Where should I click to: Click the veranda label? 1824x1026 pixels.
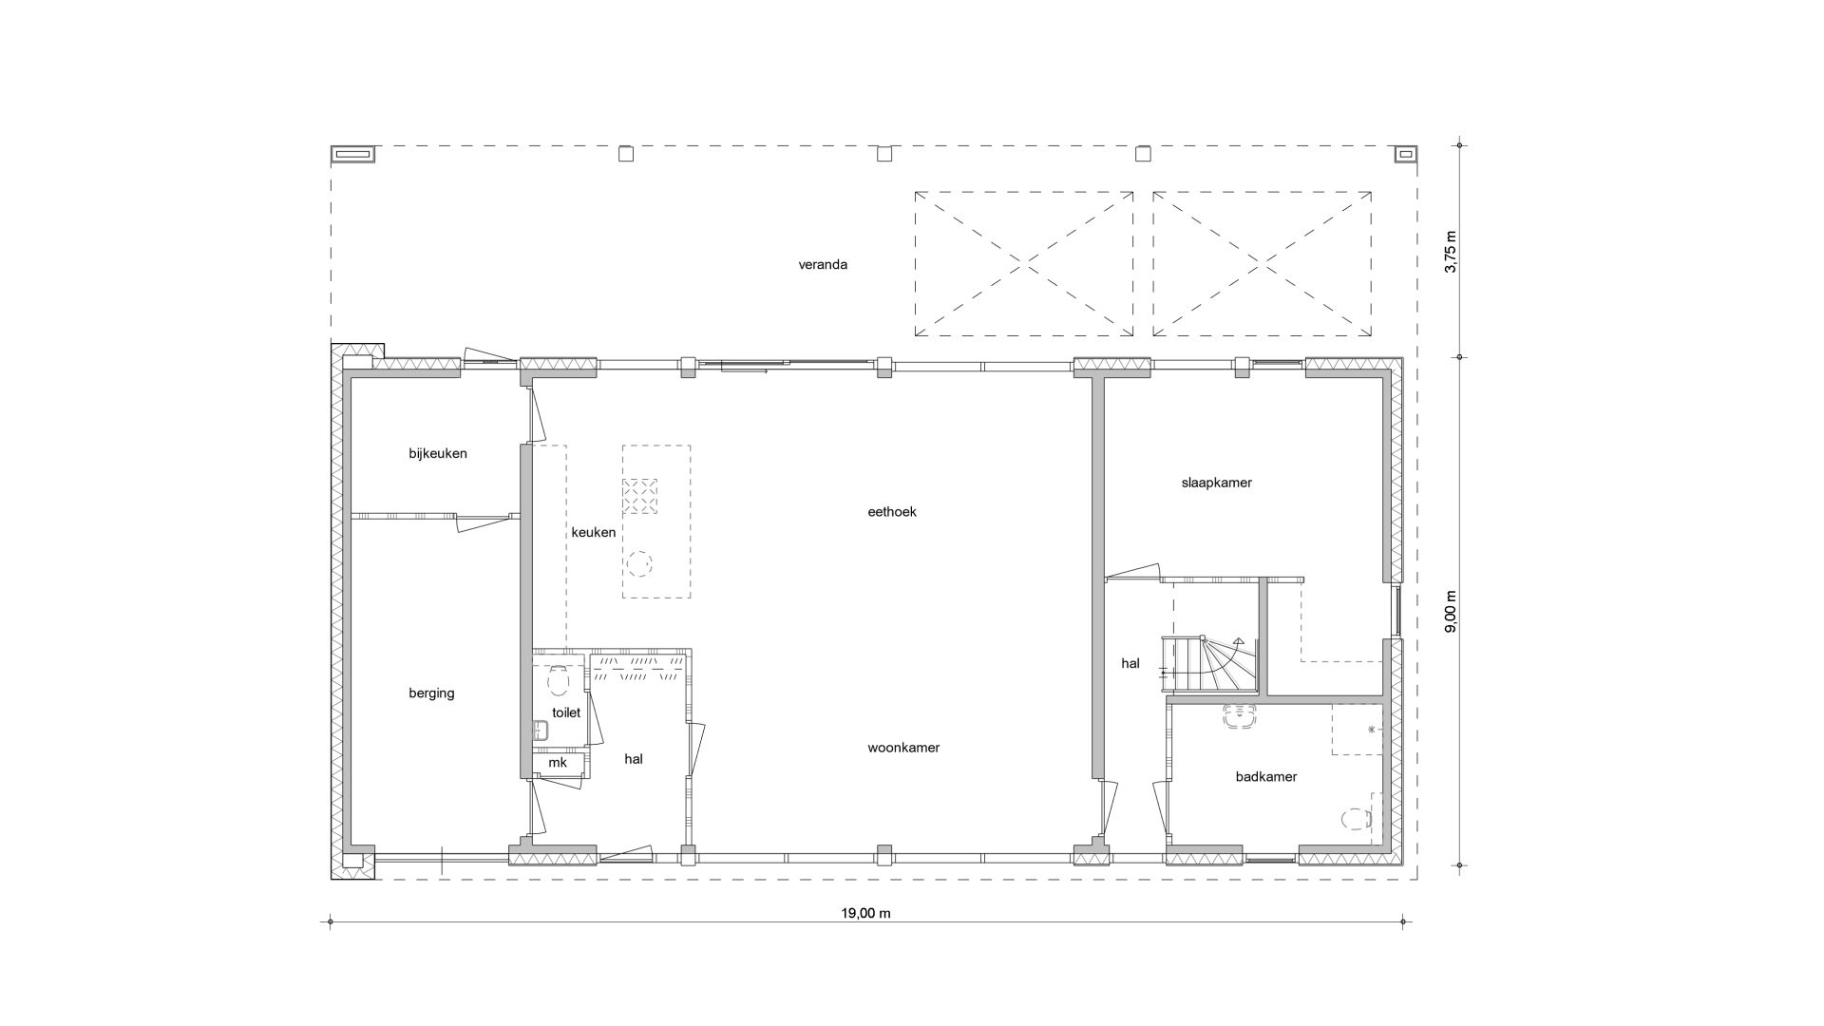click(823, 264)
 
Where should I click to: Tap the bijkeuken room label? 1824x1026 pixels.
click(438, 453)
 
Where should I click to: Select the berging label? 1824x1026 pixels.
click(432, 693)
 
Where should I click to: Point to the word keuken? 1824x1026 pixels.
click(594, 532)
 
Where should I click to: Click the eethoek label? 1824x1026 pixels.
click(892, 511)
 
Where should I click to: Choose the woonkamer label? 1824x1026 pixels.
click(903, 748)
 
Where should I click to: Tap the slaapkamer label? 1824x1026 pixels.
click(1217, 483)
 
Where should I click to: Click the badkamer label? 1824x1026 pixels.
click(1266, 777)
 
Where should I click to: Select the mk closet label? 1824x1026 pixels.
click(558, 763)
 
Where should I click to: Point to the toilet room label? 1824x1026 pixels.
click(566, 712)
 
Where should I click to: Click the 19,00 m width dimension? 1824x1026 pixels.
click(865, 914)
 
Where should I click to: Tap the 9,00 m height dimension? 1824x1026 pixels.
click(1450, 611)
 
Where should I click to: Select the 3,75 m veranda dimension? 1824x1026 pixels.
click(1450, 252)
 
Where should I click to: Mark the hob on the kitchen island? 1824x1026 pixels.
click(640, 496)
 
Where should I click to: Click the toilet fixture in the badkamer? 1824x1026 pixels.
click(1355, 818)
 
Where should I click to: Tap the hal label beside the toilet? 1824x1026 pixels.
click(634, 759)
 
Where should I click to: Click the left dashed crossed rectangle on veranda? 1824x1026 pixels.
click(1024, 264)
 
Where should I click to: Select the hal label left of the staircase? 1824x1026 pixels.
click(1130, 664)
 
